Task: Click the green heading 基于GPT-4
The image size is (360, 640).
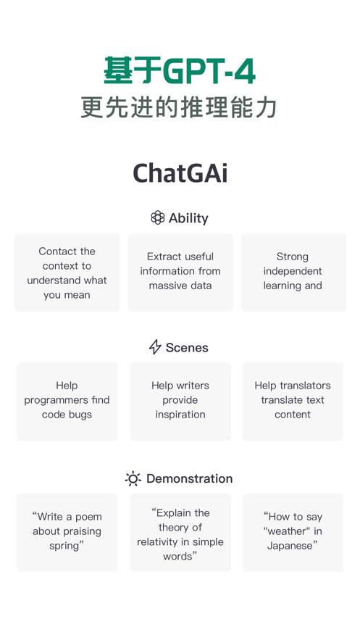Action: click(180, 71)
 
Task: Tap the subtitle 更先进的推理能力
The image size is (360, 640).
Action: click(180, 107)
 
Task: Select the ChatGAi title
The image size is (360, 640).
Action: click(180, 173)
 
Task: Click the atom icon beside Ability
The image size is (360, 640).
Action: click(157, 217)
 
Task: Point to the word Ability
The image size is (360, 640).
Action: click(188, 218)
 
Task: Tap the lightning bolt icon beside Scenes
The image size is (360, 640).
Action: click(155, 347)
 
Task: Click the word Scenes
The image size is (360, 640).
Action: click(187, 348)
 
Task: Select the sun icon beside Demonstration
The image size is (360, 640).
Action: click(133, 478)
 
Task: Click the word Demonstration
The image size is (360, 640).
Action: click(189, 478)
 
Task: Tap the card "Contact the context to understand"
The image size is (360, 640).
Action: click(67, 273)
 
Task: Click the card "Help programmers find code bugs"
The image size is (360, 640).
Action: click(67, 400)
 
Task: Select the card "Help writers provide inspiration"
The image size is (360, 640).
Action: click(180, 400)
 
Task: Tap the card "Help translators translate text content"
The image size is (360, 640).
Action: click(293, 400)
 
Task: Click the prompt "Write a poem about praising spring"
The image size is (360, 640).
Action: click(67, 531)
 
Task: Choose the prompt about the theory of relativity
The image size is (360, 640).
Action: click(180, 534)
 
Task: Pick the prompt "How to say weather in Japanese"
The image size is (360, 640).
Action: click(293, 531)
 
